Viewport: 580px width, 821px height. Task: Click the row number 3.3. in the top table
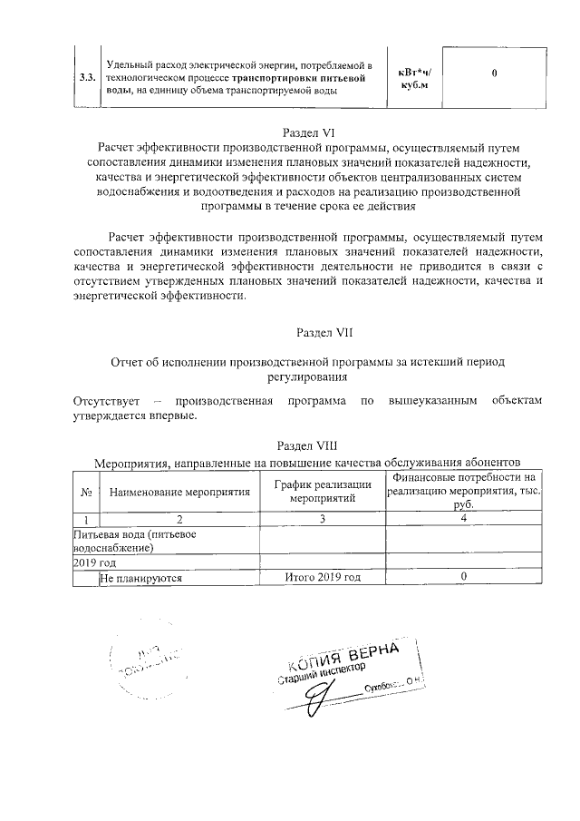pyautogui.click(x=88, y=79)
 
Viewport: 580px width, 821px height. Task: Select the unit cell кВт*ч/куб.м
pyautogui.click(x=415, y=79)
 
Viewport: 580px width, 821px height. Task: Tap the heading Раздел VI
pyautogui.click(x=309, y=132)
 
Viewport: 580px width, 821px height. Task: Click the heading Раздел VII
pyautogui.click(x=309, y=332)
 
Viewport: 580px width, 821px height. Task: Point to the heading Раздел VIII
pyautogui.click(x=309, y=445)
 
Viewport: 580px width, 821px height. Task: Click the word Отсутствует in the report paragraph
pyautogui.click(x=106, y=400)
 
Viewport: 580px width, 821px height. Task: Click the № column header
pyautogui.click(x=84, y=491)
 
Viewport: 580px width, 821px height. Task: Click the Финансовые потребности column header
pyautogui.click(x=463, y=491)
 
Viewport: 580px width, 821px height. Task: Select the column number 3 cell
pyautogui.click(x=322, y=519)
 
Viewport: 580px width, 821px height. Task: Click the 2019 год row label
pyautogui.click(x=95, y=562)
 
